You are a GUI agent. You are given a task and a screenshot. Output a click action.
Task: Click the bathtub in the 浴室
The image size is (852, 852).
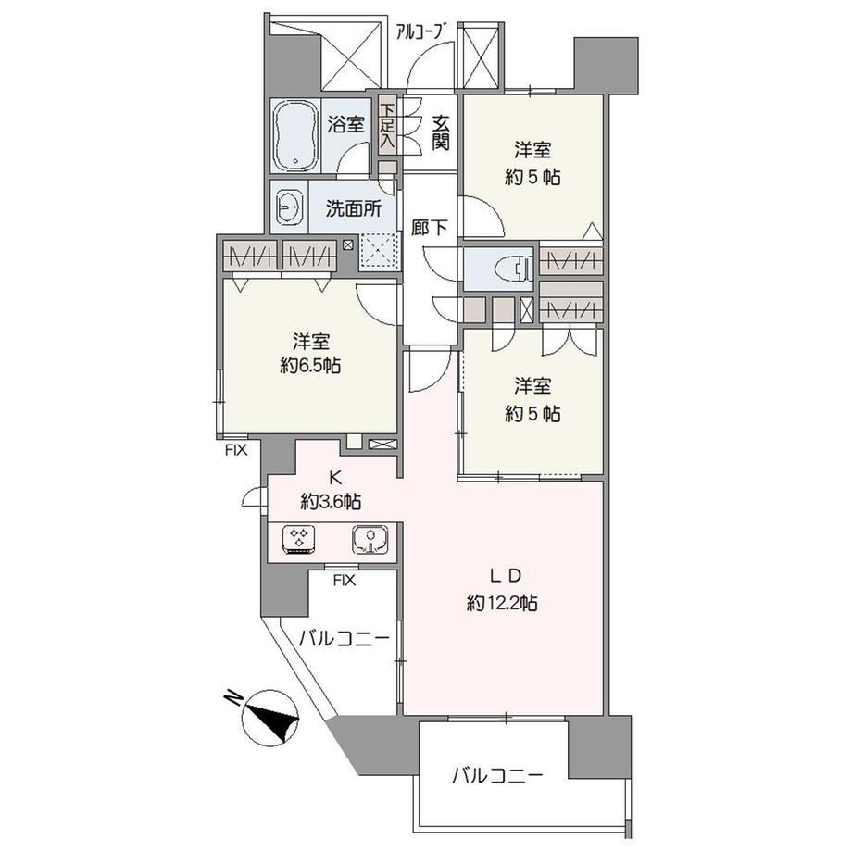click(295, 136)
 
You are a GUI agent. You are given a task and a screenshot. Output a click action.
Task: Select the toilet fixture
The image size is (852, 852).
click(513, 269)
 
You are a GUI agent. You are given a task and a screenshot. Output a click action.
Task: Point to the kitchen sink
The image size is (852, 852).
click(370, 540)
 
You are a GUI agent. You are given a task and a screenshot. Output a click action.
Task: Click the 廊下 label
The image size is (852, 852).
click(429, 228)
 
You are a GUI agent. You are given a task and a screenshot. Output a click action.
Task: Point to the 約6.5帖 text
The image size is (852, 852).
click(310, 366)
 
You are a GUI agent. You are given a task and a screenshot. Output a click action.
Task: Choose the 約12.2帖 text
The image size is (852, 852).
click(502, 603)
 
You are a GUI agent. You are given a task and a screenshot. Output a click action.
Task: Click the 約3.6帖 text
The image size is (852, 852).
click(331, 502)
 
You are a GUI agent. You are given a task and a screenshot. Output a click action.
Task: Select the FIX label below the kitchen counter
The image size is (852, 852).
click(344, 581)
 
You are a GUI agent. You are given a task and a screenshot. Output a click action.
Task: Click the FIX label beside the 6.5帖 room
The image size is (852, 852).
click(236, 450)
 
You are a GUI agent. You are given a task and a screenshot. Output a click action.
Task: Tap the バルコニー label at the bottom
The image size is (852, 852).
click(497, 775)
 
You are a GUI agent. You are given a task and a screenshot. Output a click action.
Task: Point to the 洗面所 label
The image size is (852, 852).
click(354, 208)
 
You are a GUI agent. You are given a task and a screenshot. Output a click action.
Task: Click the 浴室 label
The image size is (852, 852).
click(345, 125)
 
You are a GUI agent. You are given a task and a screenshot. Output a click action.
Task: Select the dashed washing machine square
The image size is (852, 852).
click(378, 252)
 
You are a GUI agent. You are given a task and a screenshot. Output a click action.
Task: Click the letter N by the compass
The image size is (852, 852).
click(233, 697)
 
